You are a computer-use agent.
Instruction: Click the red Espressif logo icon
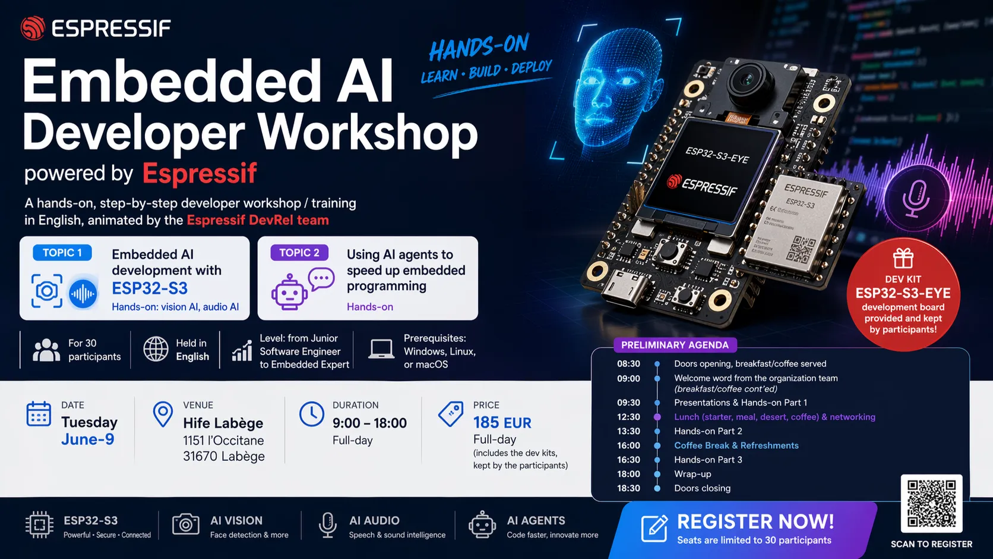33,28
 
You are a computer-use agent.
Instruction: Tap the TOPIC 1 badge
62,253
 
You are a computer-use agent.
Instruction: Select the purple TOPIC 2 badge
299,253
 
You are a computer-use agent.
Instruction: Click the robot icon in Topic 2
289,292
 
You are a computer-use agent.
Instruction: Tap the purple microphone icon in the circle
915,197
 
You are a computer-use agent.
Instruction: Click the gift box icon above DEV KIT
903,259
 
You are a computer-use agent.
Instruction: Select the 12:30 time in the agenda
628,417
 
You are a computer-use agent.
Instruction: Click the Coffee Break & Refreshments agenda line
736,445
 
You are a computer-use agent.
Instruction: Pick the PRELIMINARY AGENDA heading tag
675,345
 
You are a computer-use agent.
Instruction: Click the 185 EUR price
502,423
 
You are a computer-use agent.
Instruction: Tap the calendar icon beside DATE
39,414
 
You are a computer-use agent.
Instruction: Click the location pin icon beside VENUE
163,414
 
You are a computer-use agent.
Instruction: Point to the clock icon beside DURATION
311,414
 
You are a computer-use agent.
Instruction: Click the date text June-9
87,439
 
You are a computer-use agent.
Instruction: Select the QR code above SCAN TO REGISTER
931,503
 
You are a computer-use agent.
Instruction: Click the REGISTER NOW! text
755,522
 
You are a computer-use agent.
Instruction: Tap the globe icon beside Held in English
156,349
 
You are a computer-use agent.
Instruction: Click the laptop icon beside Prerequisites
381,349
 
